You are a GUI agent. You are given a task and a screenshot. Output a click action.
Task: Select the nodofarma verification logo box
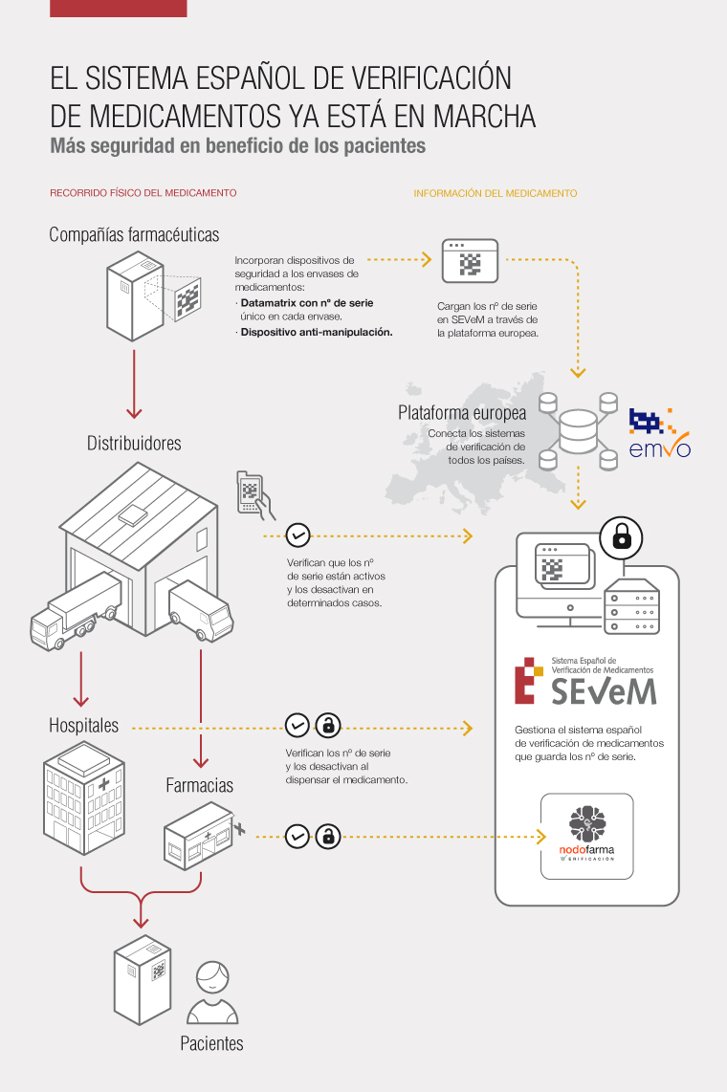point(586,836)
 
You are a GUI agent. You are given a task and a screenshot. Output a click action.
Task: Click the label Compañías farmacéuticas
point(134,234)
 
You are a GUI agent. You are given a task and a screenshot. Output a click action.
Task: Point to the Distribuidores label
point(134,443)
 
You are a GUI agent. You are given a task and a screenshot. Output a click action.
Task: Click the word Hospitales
point(84,725)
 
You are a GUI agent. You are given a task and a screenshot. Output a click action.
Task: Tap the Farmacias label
point(199,785)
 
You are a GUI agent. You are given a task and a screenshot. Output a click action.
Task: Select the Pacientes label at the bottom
point(211,1043)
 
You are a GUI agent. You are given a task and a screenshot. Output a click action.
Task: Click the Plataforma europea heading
point(462,413)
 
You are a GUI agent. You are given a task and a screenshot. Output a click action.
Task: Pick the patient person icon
point(212,991)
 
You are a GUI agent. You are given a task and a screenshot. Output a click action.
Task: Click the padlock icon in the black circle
point(621,538)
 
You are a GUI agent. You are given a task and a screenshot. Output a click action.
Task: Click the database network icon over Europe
point(577,429)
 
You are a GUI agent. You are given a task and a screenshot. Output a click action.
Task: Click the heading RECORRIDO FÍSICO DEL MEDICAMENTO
point(143,192)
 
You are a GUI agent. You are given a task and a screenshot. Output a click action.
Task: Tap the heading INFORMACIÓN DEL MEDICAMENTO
point(495,192)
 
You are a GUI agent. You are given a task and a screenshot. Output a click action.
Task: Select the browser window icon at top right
point(470,260)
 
